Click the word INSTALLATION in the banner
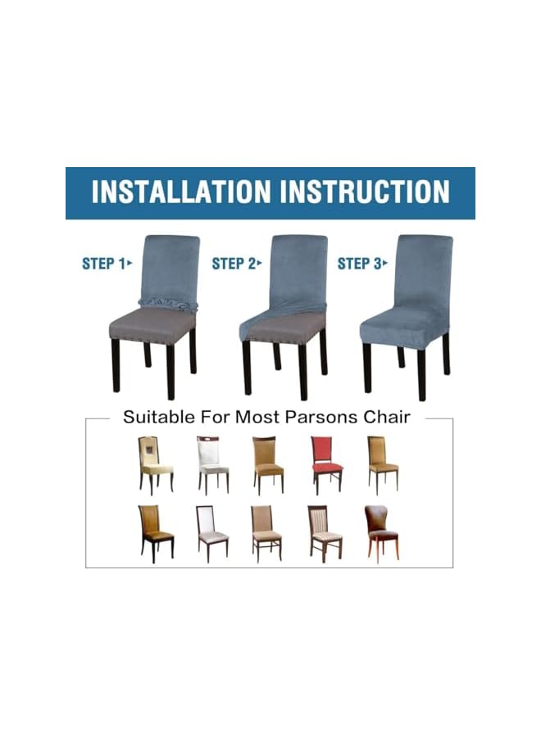coord(180,192)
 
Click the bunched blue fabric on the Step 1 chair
coord(168,305)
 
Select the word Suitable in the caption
coord(157,418)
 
